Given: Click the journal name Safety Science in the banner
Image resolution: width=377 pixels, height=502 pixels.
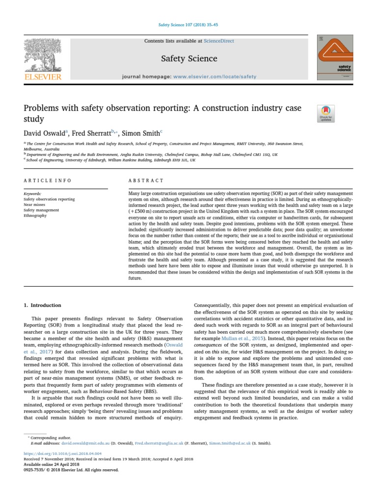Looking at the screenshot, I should (189, 59).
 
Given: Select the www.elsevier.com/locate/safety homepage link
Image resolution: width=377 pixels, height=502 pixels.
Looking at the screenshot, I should (215, 76).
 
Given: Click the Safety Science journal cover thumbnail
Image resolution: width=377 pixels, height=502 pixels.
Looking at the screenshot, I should (335, 57).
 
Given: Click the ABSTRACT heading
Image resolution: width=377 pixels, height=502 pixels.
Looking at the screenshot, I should (146, 180).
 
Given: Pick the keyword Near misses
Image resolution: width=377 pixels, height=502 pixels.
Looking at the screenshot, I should (34, 204).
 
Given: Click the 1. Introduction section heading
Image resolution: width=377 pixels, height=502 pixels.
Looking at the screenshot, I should (43, 305).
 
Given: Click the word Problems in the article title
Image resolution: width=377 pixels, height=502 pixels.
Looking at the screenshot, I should (43, 107).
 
